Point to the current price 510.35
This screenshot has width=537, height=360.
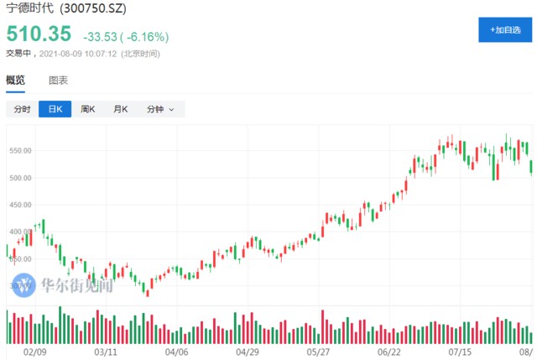point(39,36)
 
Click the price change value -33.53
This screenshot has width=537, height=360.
point(101,38)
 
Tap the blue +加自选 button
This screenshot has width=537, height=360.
point(506,29)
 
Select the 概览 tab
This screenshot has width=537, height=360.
point(15,81)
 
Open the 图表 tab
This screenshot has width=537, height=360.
point(58,81)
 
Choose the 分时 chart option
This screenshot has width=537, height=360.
point(22,109)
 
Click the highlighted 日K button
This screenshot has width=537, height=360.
point(55,109)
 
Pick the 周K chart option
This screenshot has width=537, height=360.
point(87,109)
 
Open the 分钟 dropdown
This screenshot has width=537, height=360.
point(160,109)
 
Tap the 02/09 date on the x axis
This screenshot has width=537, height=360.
point(34,353)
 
